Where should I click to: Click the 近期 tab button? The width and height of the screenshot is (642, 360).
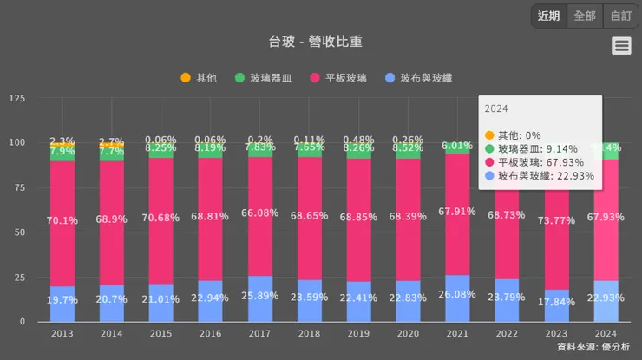(548, 16)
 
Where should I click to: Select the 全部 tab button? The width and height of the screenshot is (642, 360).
(585, 16)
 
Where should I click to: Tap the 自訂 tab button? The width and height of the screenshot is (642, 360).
(621, 16)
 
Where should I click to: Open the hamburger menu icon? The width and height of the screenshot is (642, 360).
(621, 46)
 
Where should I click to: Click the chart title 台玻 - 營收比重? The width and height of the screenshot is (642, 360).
(320, 43)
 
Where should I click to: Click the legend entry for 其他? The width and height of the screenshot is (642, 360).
(199, 78)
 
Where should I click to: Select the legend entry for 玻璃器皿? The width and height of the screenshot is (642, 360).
(264, 78)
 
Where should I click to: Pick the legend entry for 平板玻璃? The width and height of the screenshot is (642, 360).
(338, 78)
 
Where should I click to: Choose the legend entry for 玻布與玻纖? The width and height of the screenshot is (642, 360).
(419, 78)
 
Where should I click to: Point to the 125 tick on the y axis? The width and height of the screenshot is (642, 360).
(16, 98)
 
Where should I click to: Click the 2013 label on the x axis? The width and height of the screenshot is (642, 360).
(62, 333)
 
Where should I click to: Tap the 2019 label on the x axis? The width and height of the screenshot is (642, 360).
(358, 333)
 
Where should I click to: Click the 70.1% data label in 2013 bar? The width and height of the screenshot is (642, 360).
(62, 220)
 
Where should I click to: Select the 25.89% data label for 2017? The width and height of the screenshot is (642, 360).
(259, 296)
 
